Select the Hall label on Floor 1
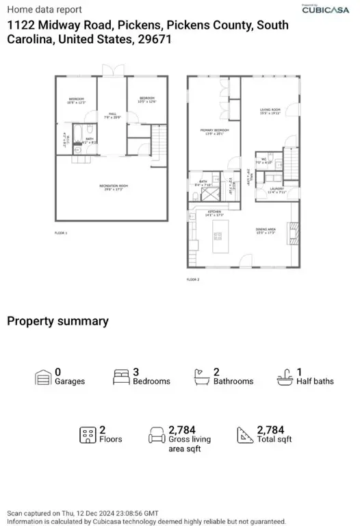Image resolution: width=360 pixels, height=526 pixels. tap(112, 114)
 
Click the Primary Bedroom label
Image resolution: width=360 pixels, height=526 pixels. tap(214, 130)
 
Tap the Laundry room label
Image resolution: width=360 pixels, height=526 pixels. tap(276, 190)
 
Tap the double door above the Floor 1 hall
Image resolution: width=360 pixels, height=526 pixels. tap(111, 71)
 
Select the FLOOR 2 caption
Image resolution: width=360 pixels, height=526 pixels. tap(193, 279)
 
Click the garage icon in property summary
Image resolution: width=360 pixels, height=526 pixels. tap(43, 377)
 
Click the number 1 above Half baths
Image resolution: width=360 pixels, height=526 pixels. tap(299, 372)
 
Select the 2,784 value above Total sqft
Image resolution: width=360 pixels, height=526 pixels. tap(270, 430)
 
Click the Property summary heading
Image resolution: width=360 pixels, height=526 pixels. tap(57, 321)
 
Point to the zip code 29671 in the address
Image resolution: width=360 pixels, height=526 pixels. tap(155, 40)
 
